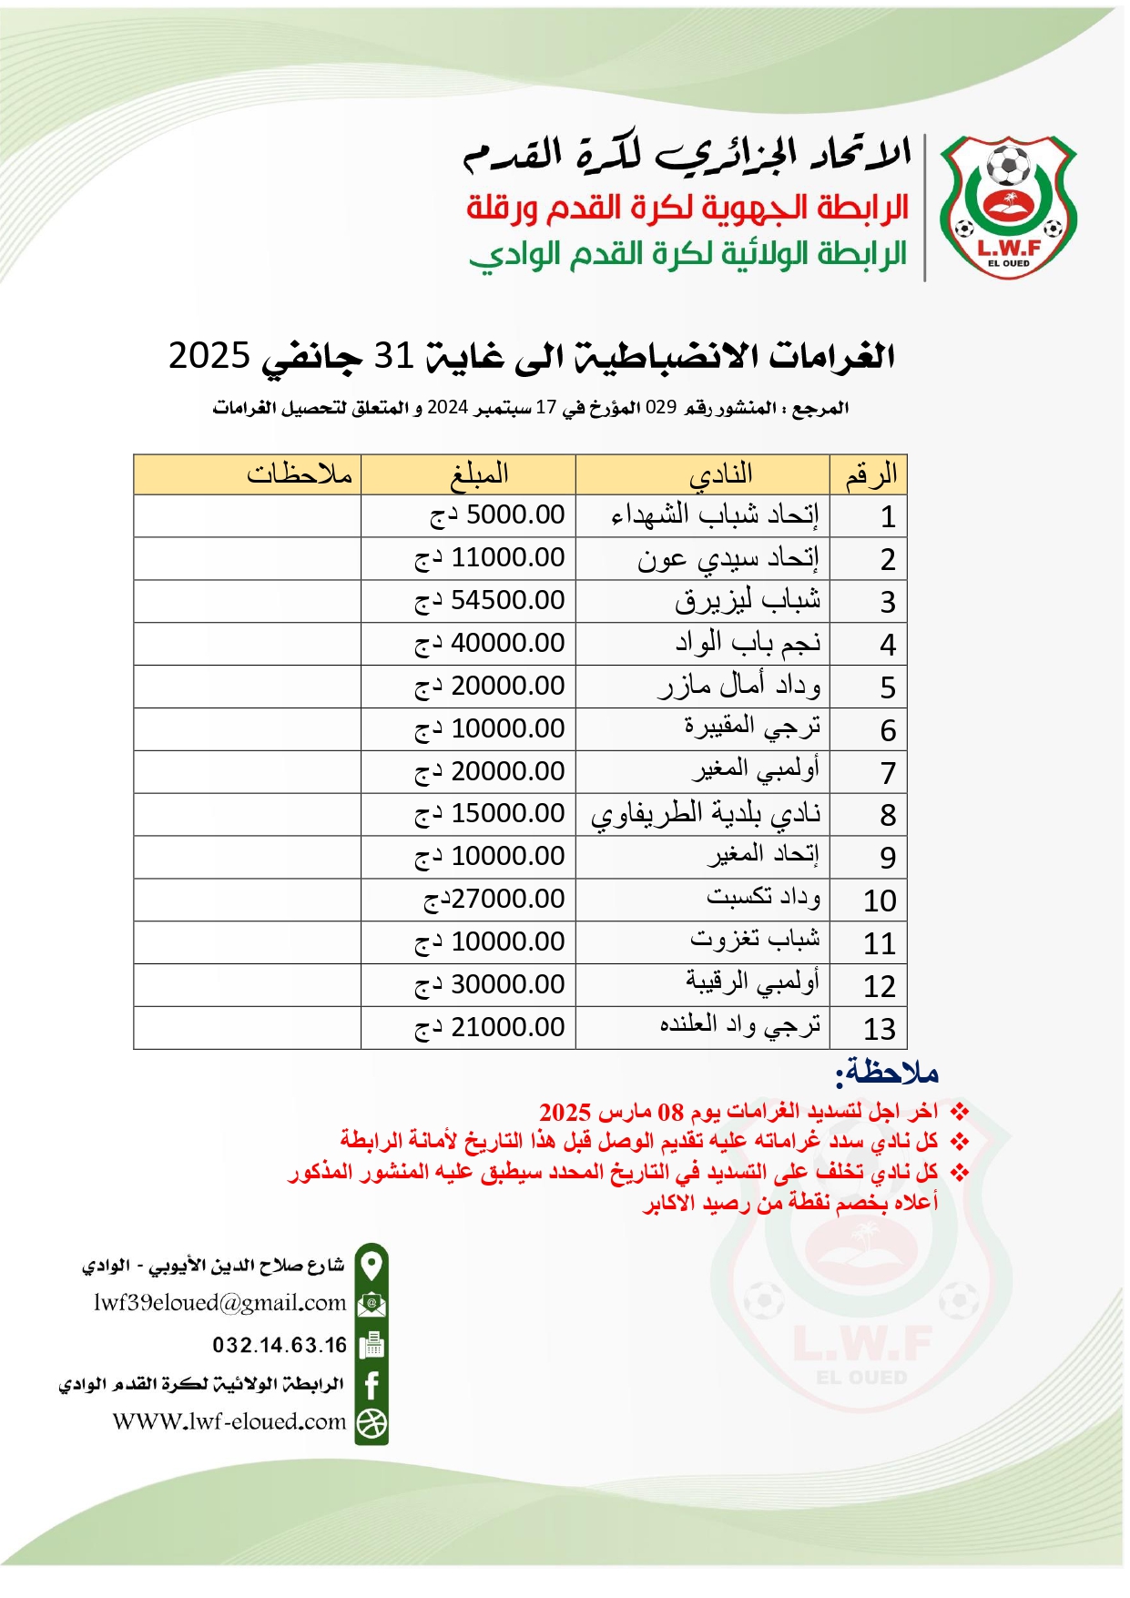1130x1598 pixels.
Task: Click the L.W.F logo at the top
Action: [x=1008, y=208]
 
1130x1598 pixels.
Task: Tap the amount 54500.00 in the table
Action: [x=490, y=601]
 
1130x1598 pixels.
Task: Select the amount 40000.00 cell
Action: [x=490, y=644]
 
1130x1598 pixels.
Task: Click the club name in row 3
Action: [x=748, y=601]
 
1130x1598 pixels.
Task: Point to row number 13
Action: [x=880, y=1029]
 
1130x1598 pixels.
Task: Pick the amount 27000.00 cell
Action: [x=494, y=900]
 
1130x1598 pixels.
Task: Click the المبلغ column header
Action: [x=479, y=474]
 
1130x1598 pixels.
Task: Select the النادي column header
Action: [x=720, y=474]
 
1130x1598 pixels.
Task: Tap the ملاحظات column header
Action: [x=299, y=474]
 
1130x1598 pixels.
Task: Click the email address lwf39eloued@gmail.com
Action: [x=219, y=1303]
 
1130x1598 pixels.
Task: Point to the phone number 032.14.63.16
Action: [x=280, y=1345]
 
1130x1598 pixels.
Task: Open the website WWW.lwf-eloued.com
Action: [x=229, y=1421]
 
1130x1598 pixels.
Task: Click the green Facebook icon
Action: [x=372, y=1385]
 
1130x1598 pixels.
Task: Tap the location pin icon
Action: [x=372, y=1265]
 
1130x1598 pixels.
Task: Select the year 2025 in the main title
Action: [x=209, y=355]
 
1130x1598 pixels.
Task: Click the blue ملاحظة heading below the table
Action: [x=887, y=1073]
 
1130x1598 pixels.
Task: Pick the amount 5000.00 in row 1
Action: [x=497, y=515]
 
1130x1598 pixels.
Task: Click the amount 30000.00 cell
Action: [x=490, y=985]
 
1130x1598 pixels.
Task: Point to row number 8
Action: [x=888, y=815]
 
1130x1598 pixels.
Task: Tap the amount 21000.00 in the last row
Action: [x=490, y=1028]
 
